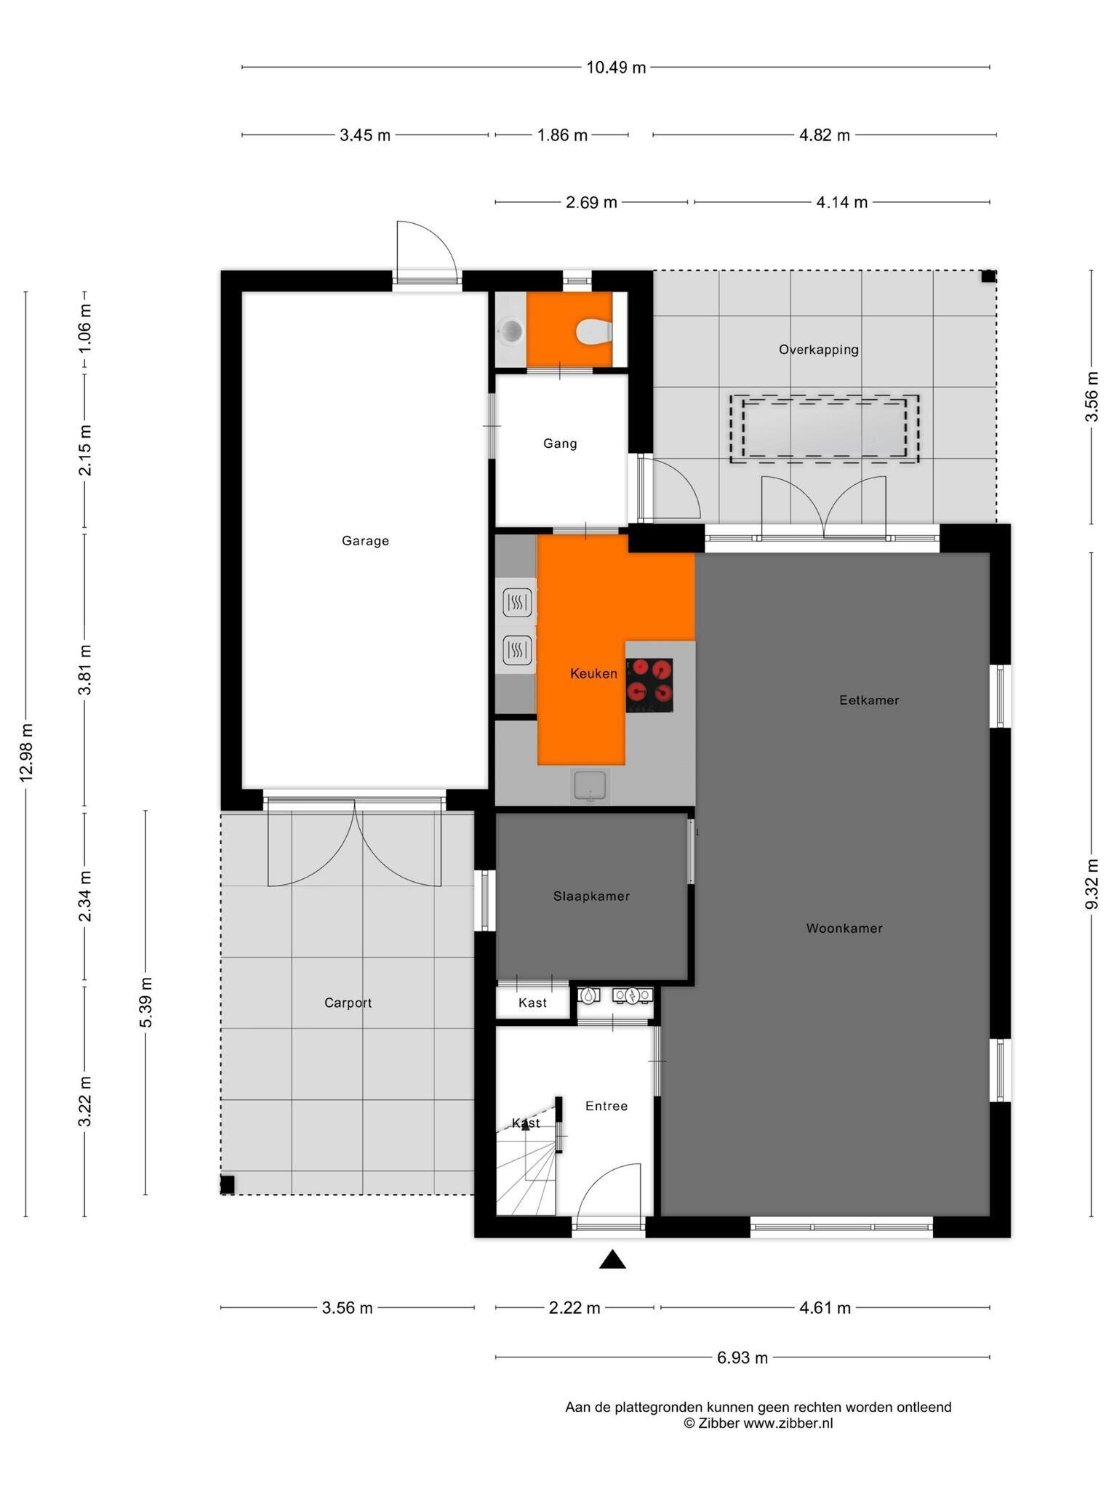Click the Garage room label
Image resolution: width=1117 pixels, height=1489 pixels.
(x=365, y=541)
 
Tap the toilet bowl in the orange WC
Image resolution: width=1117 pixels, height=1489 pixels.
(x=595, y=332)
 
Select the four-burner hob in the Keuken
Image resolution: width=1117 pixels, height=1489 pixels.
(x=649, y=685)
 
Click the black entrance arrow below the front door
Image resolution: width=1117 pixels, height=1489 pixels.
(x=612, y=1260)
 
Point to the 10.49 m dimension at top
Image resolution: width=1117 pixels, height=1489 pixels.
(x=616, y=68)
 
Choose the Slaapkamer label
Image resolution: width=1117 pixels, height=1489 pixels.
(x=591, y=896)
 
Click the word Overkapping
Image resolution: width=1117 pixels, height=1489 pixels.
(x=819, y=350)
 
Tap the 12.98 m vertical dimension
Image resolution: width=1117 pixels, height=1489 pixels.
(x=26, y=753)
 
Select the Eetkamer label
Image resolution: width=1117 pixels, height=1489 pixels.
(x=869, y=700)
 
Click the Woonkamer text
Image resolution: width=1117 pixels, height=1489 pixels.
(x=844, y=928)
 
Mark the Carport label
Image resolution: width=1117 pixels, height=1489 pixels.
(x=348, y=1003)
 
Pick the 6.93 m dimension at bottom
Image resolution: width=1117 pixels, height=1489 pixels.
(x=742, y=1357)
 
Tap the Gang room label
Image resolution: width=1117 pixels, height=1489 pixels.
(x=560, y=444)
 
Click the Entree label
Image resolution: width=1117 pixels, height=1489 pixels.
(x=606, y=1106)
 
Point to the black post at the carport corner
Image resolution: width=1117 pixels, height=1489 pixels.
(x=228, y=1185)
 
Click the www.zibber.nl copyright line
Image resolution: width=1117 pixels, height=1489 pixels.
(x=758, y=1424)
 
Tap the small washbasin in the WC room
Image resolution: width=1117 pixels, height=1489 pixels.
(x=512, y=332)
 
